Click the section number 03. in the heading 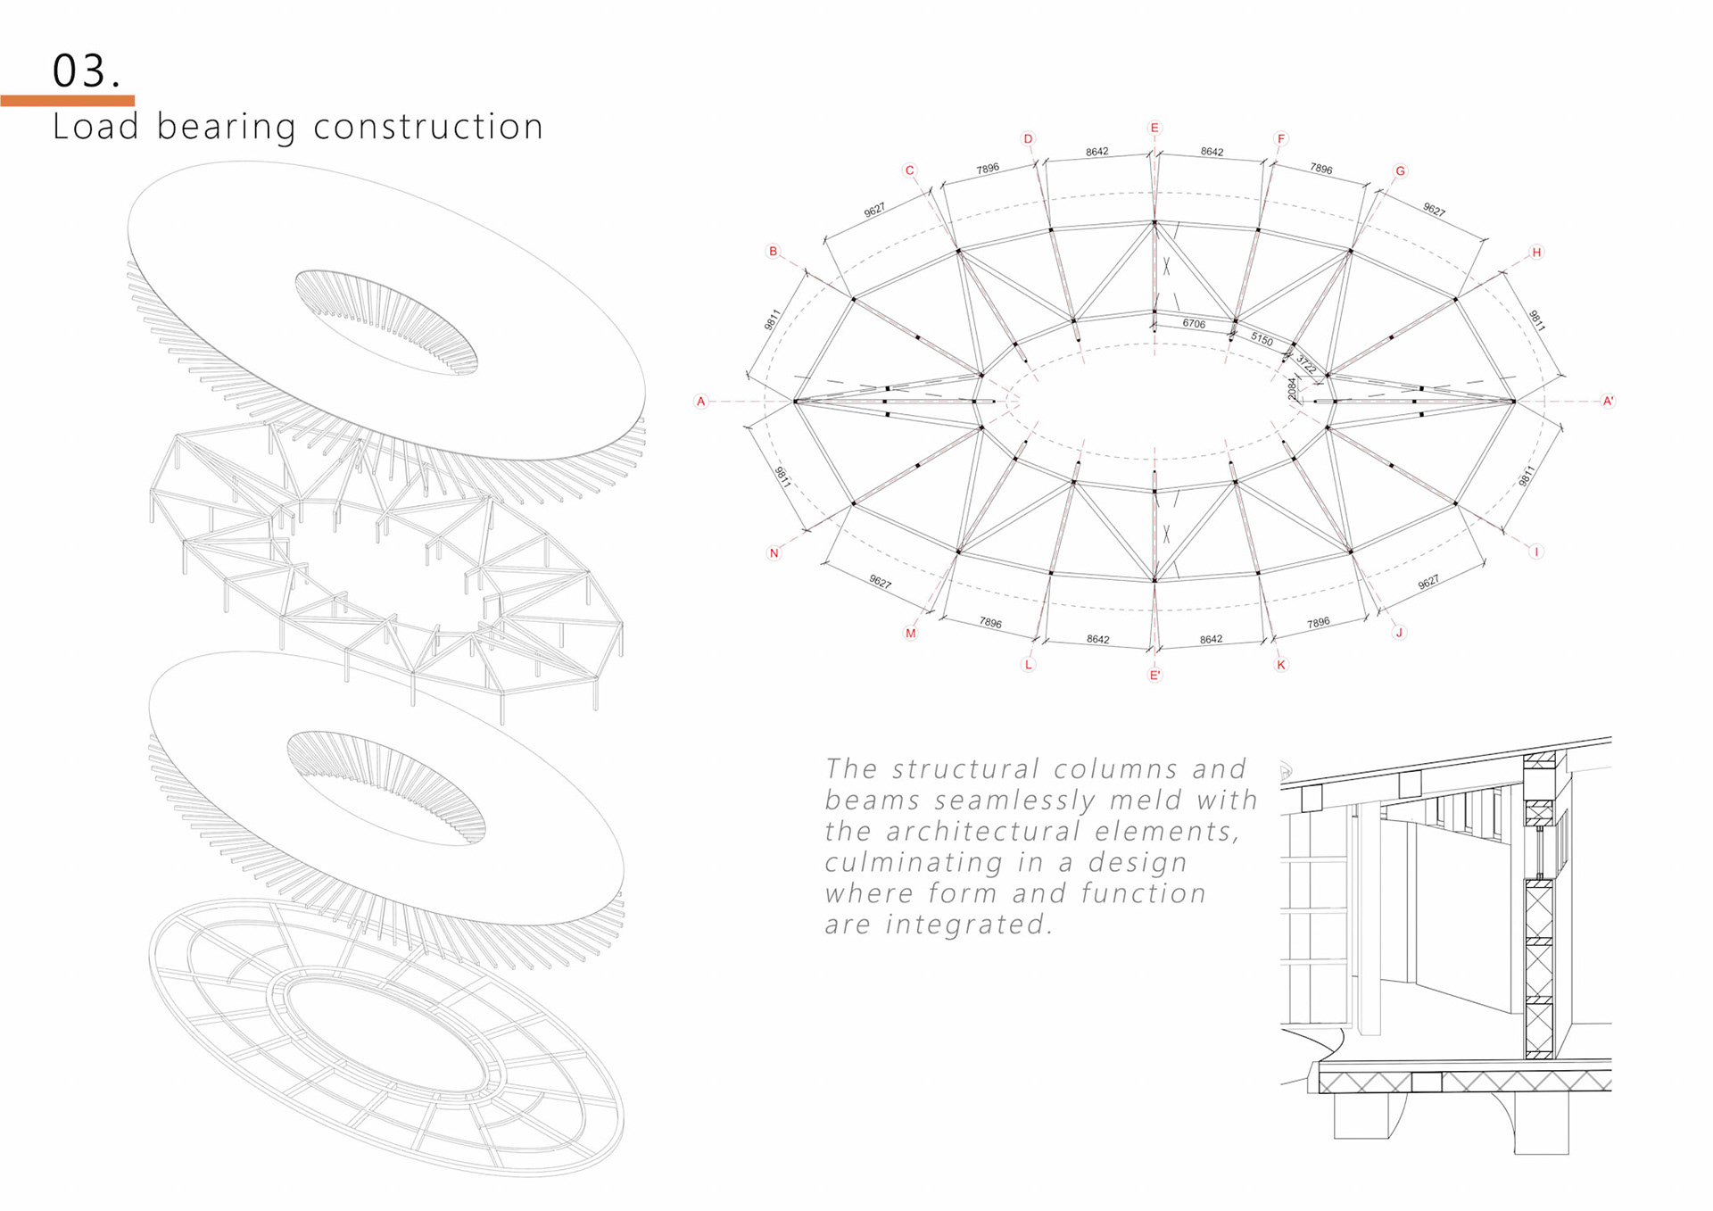coord(86,71)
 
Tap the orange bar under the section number coord(67,101)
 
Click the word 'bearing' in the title coord(226,127)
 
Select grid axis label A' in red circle coord(1608,402)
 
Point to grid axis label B coord(774,252)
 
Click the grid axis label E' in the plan coord(1154,676)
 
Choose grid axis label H coord(1536,253)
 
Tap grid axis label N coord(774,553)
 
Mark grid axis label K coord(1281,665)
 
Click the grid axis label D coord(1028,139)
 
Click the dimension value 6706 coord(1194,324)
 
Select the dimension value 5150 coord(1262,339)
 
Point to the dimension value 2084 coord(1292,389)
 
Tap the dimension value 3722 coord(1305,364)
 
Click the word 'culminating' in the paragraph coord(913,863)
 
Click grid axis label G coord(1400,171)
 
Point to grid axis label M coord(910,634)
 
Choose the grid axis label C coord(909,170)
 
